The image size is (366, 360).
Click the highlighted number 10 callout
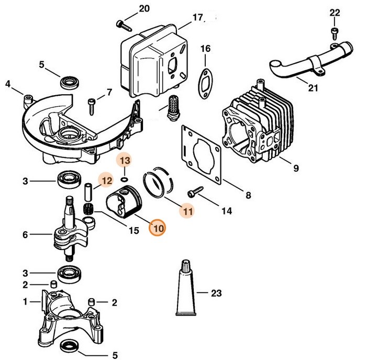pos(157,228)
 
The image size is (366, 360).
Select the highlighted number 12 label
pos(106,181)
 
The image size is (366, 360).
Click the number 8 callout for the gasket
pos(248,196)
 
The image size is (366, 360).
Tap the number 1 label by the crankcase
pos(25,301)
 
